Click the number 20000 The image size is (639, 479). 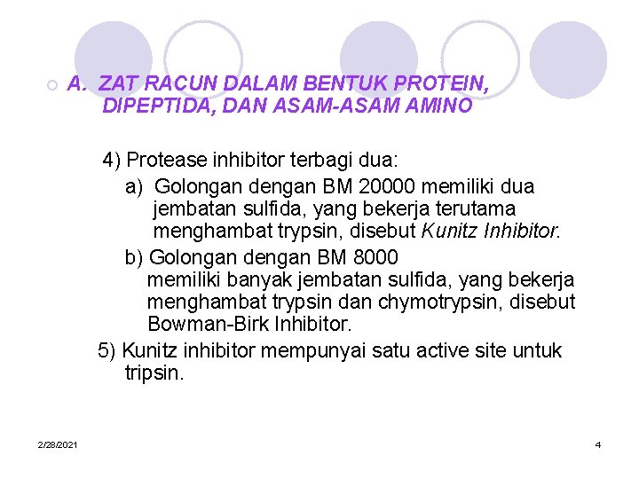[x=392, y=187]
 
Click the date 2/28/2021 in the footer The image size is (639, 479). [x=58, y=444]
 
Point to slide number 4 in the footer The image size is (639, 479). [x=598, y=444]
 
